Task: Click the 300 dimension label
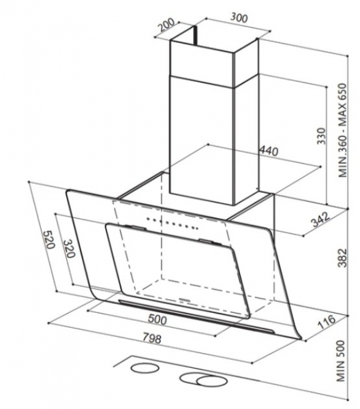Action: pos(239,18)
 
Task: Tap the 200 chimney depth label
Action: pos(166,25)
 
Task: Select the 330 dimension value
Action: pos(321,136)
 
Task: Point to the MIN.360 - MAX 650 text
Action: pos(342,130)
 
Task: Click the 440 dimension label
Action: pos(268,151)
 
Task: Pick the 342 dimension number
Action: pos(320,219)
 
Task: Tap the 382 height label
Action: pos(342,258)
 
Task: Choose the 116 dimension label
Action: pos(327,322)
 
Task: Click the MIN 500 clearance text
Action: pos(341,361)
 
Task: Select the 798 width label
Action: pos(152,338)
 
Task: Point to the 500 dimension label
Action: pos(157,320)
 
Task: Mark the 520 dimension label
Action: pos(49,239)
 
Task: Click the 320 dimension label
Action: pos(69,249)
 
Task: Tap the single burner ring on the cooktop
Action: pos(145,369)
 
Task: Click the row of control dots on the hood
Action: pos(172,224)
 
